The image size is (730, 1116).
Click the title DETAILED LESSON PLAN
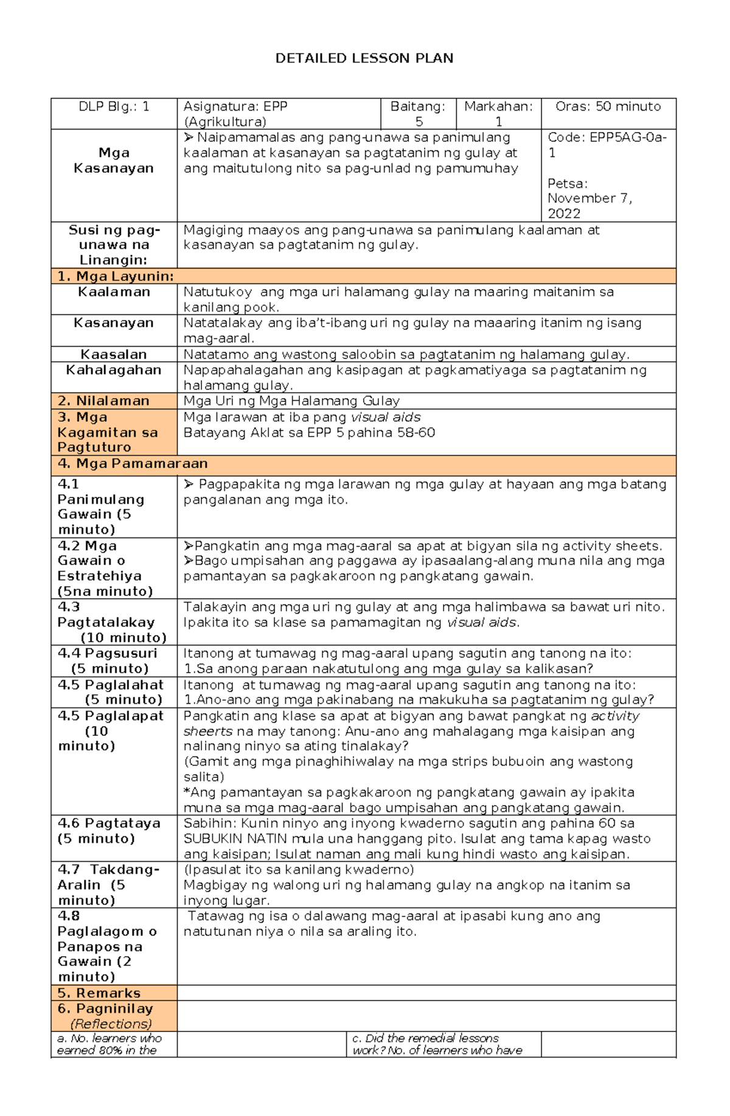tap(364, 58)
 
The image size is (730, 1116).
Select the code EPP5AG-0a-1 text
tap(607, 145)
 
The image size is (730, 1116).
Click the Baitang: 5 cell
tap(418, 114)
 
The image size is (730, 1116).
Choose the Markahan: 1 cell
tap(498, 114)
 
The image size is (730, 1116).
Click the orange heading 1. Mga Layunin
tap(116, 276)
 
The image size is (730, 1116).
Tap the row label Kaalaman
tap(114, 292)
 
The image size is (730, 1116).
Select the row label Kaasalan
tap(114, 355)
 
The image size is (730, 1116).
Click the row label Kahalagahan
tap(114, 370)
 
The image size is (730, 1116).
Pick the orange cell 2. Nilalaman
tap(103, 401)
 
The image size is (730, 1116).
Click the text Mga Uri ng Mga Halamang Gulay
tap(291, 401)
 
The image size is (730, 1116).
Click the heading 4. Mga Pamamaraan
tap(133, 463)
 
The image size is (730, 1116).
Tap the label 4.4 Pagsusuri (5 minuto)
tap(108, 661)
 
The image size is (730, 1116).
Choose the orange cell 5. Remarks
tap(99, 993)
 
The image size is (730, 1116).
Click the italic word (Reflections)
tap(111, 1024)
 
